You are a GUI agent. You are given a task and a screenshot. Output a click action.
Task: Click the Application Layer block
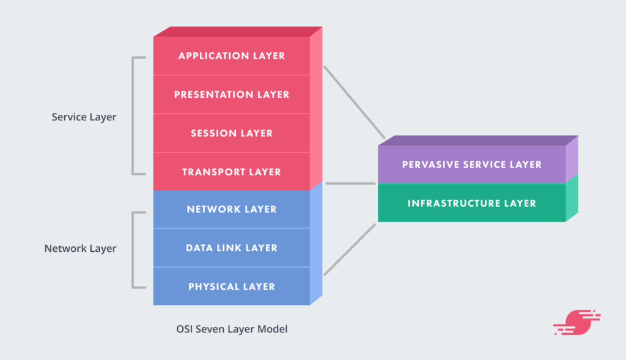(x=232, y=56)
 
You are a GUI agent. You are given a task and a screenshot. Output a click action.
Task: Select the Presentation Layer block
(x=232, y=95)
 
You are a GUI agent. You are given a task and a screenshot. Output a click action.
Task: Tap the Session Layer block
(x=232, y=133)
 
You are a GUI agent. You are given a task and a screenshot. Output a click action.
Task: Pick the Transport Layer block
(x=232, y=172)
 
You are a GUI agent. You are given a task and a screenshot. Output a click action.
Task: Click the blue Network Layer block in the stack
(x=232, y=210)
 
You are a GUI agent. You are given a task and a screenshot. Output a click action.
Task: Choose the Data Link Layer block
(x=232, y=248)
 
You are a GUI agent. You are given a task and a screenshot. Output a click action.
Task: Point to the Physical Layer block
(x=232, y=287)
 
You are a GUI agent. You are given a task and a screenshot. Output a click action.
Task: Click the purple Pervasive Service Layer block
(x=471, y=164)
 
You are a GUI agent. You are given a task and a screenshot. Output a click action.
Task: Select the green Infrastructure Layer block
(x=471, y=203)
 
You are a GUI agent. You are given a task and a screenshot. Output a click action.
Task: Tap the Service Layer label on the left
(x=84, y=117)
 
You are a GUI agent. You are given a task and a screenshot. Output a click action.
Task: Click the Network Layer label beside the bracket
(x=80, y=249)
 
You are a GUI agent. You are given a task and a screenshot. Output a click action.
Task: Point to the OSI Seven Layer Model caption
(x=231, y=329)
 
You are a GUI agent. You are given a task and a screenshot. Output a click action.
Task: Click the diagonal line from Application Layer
(x=354, y=102)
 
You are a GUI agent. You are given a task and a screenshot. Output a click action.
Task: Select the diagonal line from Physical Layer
(x=350, y=249)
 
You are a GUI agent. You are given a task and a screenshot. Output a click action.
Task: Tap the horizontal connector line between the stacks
(x=350, y=183)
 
